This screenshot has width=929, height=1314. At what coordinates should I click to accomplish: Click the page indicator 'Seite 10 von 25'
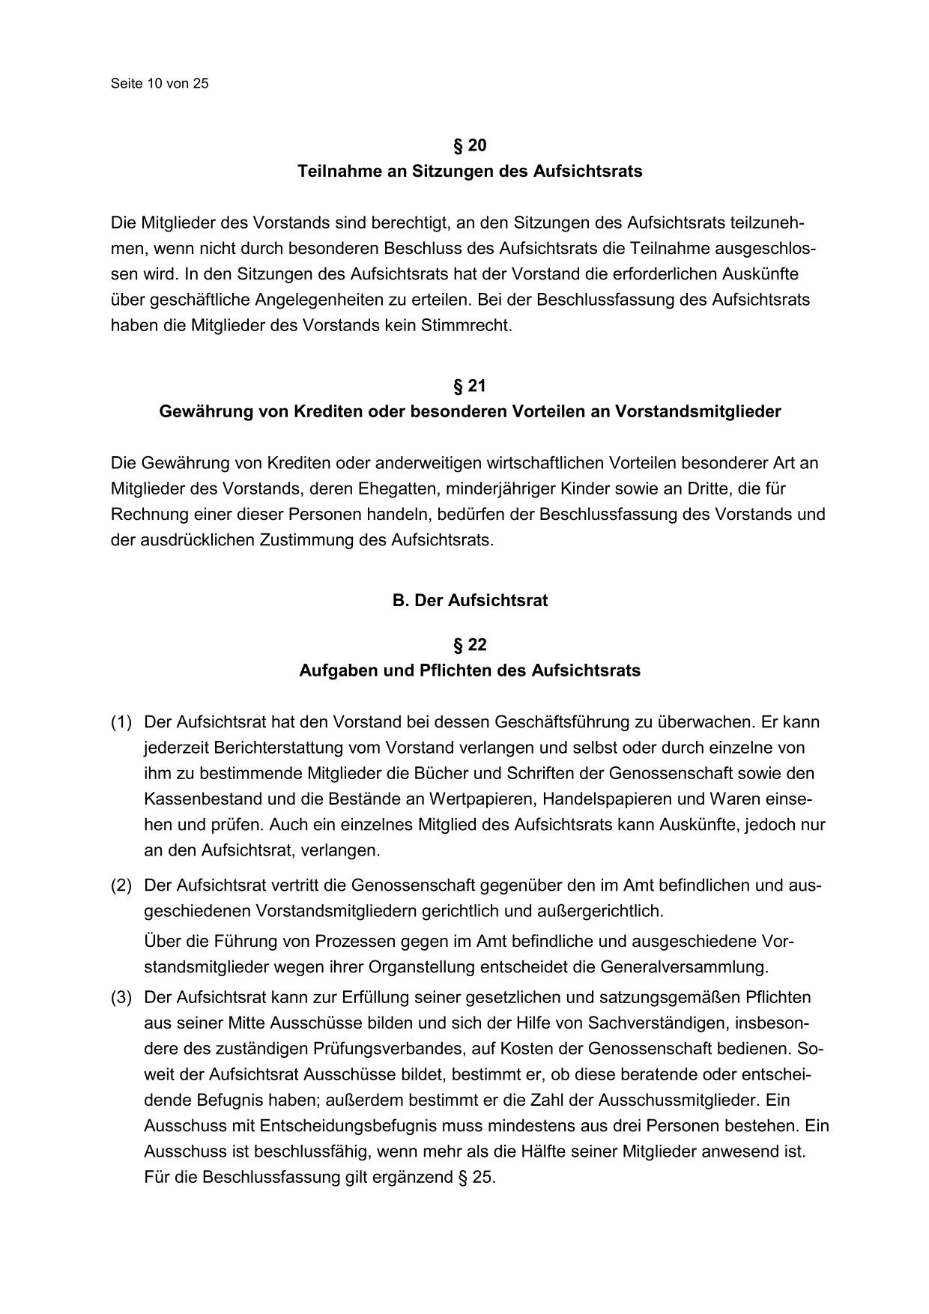click(x=160, y=83)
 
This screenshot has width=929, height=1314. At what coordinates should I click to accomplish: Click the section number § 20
click(x=470, y=145)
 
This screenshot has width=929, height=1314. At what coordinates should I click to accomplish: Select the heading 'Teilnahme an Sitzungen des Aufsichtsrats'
click(x=470, y=171)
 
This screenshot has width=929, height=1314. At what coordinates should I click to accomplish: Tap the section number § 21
click(x=470, y=386)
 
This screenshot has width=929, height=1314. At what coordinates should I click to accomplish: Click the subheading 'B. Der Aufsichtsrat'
click(x=470, y=601)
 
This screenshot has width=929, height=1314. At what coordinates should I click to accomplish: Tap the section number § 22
click(x=470, y=645)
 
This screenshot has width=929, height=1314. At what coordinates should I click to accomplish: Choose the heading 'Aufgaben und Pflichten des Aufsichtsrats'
click(x=470, y=670)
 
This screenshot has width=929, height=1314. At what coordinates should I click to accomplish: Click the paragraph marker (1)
click(x=121, y=722)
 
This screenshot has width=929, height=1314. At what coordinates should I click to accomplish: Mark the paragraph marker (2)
click(x=121, y=885)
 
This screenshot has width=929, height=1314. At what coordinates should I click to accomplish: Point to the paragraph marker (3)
click(x=121, y=997)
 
